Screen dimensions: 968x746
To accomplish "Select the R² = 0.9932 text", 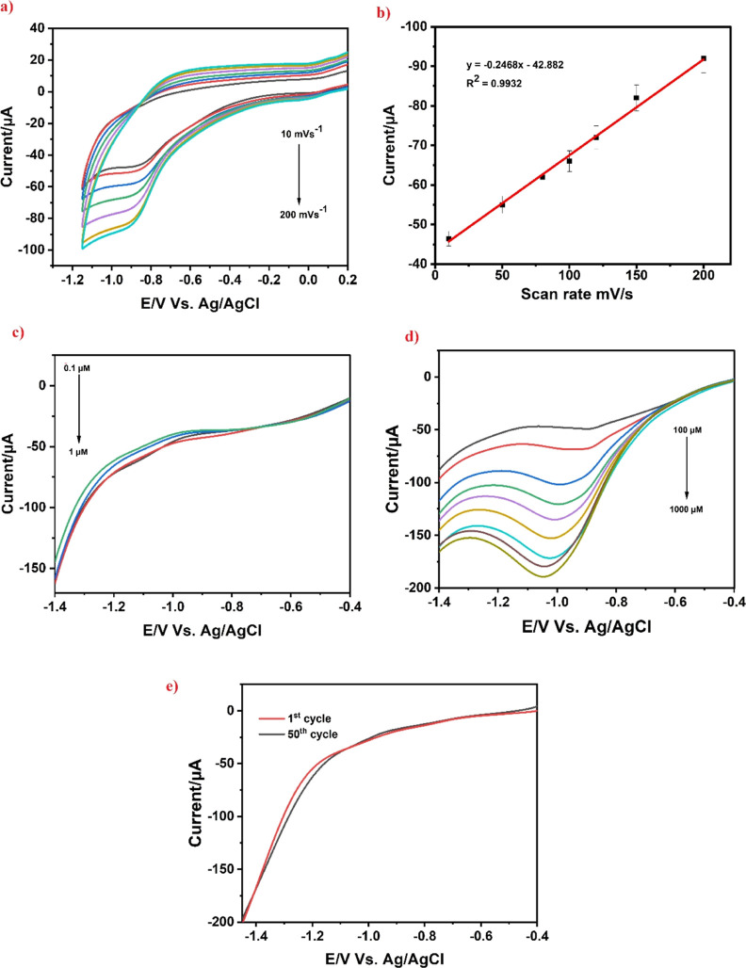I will tap(494, 82).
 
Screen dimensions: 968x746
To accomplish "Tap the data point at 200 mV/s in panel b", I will tap(704, 58).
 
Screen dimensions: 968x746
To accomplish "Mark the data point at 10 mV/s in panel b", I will tap(448, 239).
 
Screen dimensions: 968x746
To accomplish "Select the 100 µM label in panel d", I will tap(688, 429).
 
